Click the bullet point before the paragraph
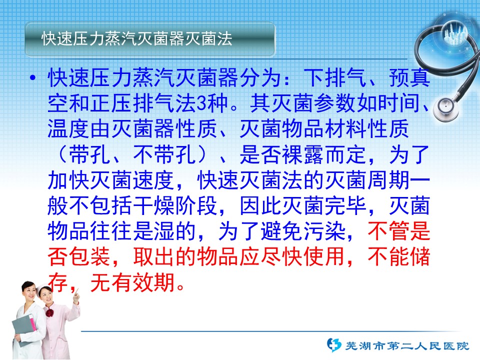33,78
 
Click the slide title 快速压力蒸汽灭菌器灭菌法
137,38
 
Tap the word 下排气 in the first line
335,77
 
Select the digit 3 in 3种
201,103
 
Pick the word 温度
68,128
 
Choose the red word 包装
89,256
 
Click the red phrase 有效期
143,282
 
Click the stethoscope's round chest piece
447,108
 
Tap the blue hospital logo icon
333,345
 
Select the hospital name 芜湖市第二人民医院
407,346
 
